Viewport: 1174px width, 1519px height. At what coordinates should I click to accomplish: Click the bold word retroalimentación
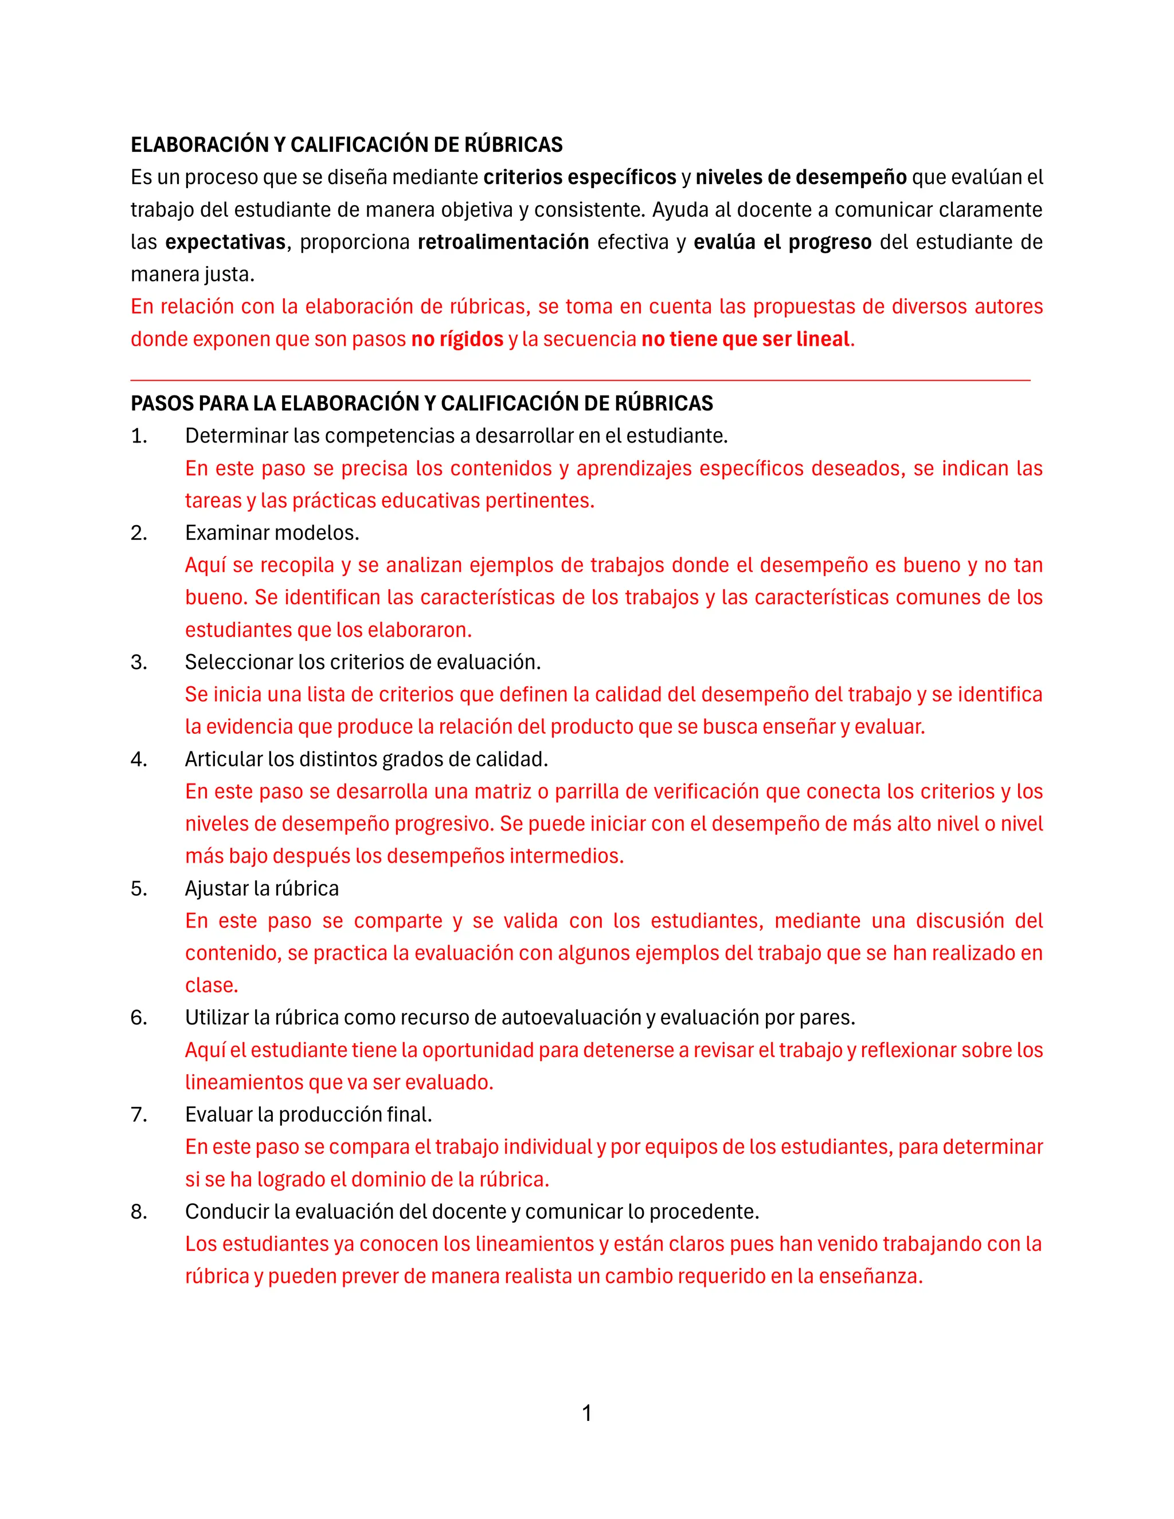coord(503,242)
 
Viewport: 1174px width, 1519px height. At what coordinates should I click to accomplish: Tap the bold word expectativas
coord(225,242)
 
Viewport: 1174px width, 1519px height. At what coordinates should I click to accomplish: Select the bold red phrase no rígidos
coord(457,339)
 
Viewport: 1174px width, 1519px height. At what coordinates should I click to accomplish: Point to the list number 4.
coord(139,759)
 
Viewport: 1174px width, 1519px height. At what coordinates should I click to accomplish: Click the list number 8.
coord(139,1212)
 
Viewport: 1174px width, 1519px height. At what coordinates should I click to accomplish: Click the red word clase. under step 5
coord(212,985)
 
